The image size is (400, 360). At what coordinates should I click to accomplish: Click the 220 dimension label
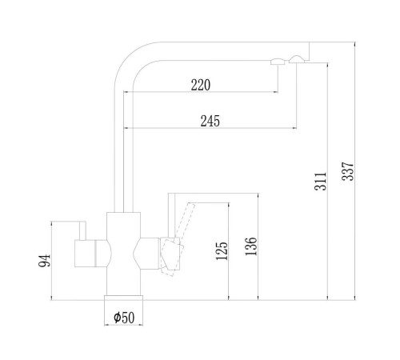201,85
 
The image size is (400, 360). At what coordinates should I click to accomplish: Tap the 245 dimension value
210,121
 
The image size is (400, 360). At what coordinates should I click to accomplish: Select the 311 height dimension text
320,182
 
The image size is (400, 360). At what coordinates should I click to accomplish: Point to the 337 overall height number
348,171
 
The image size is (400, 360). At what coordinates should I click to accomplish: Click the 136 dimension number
251,246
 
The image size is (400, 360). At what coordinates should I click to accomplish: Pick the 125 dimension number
222,251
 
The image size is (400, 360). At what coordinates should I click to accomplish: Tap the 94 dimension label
44,261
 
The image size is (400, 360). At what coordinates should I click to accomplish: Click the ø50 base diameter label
124,318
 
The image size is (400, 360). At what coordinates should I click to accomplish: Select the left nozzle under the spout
278,62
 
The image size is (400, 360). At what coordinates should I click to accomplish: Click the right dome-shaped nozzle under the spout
297,59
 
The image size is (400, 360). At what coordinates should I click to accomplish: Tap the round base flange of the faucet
123,298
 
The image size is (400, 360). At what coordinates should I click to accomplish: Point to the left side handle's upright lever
82,230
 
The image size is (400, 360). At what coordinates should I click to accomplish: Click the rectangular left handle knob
85,254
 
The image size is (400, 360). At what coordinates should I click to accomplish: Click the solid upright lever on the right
172,215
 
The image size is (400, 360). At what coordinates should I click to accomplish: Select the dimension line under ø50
123,325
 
